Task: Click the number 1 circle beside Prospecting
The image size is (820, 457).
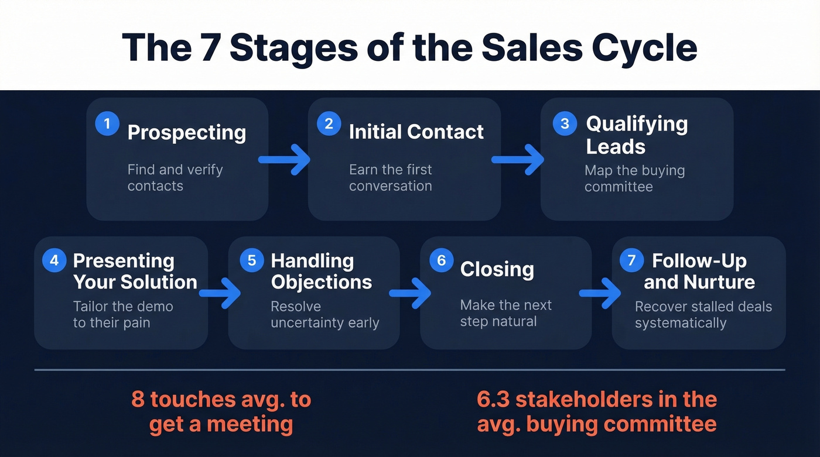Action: (107, 124)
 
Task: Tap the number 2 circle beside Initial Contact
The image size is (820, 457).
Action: (329, 123)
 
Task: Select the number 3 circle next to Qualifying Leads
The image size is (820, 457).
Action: (565, 123)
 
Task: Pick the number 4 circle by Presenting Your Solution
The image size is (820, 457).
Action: (54, 260)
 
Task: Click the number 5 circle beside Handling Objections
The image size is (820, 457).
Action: (252, 260)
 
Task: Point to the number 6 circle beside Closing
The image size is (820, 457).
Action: (441, 260)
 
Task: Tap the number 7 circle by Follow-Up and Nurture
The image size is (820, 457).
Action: (631, 260)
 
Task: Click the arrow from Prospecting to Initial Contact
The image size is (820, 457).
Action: (285, 159)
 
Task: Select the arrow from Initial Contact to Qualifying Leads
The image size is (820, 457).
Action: (518, 159)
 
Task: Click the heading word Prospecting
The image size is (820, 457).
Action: (187, 133)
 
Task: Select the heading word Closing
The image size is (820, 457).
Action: (497, 270)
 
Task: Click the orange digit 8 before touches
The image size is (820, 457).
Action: (138, 400)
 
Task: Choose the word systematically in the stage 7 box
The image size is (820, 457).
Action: (681, 323)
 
